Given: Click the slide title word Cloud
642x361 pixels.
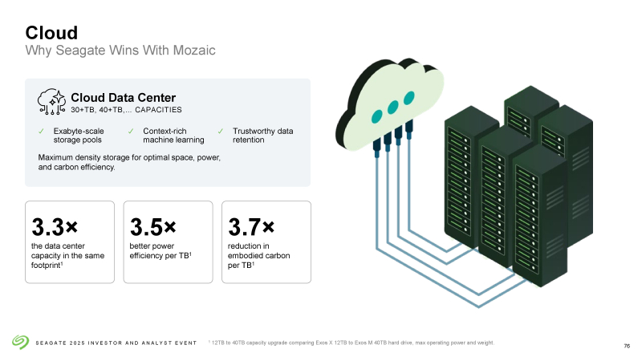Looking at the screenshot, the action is pos(51,33).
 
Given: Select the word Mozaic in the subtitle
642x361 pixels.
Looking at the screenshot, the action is pos(194,50).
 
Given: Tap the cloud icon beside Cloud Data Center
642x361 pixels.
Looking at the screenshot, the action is pos(51,102).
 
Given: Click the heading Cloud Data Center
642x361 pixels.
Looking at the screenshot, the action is pos(124,97).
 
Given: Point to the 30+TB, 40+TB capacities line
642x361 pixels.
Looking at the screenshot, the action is pos(126,110).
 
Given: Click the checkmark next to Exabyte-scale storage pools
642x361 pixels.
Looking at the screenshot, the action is pos(41,131).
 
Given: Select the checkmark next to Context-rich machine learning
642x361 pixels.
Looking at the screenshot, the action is pos(131,131).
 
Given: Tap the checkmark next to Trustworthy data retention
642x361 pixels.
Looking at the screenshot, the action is pos(220,131).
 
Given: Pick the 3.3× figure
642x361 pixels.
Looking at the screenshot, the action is pos(55,227).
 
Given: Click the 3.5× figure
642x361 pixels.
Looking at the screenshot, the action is pos(153,227).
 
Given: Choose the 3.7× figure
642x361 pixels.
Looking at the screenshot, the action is pos(251,227).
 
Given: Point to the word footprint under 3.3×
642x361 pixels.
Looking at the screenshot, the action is pos(47,266).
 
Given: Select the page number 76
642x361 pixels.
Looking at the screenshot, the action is pos(627,347).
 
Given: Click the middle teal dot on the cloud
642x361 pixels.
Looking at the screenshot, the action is pos(392,107).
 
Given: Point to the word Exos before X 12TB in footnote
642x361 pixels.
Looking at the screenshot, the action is pos(322,343).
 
